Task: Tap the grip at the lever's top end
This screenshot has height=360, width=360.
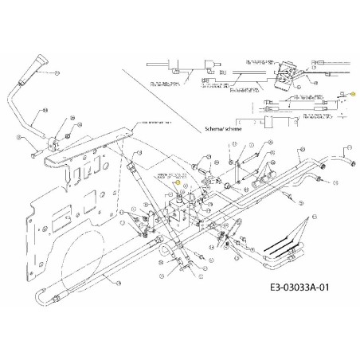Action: pyautogui.click(x=37, y=61)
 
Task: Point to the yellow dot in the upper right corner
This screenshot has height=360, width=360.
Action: pyautogui.click(x=353, y=94)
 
